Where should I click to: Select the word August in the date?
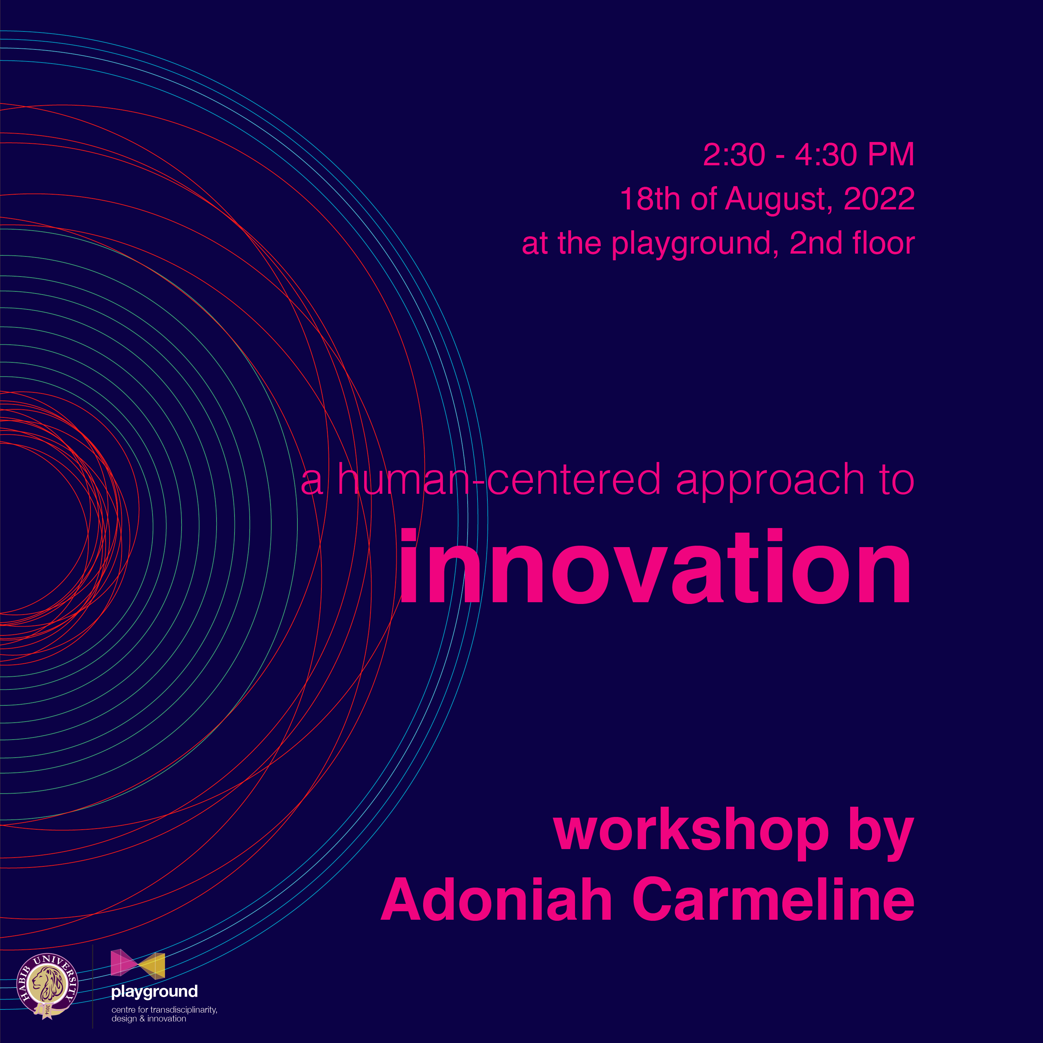click(x=775, y=200)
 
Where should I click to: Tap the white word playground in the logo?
click(x=154, y=991)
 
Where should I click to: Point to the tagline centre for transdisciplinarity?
click(x=164, y=1009)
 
